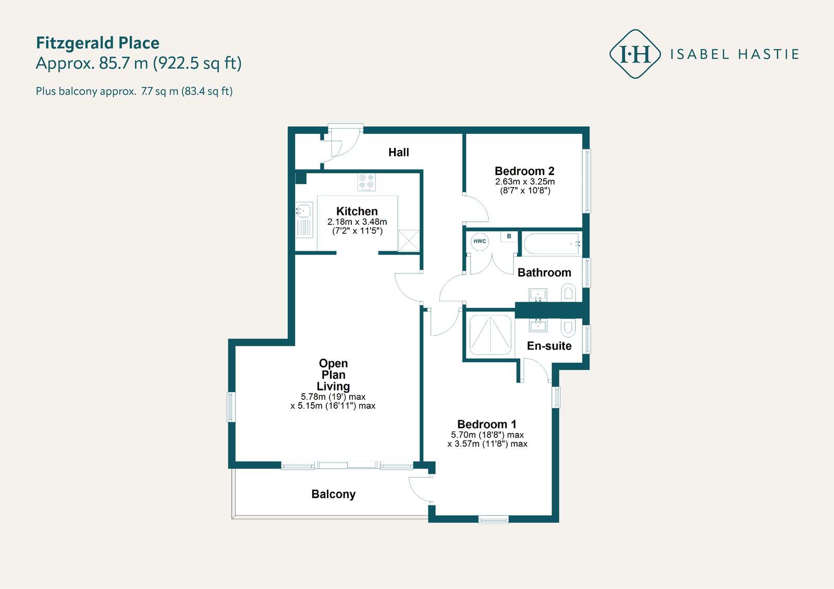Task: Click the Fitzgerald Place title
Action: (97, 43)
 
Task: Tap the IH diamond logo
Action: (635, 54)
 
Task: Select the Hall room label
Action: (398, 152)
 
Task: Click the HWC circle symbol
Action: (480, 241)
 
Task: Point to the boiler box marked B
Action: (509, 236)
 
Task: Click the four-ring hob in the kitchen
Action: (366, 182)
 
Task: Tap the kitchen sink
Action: (304, 220)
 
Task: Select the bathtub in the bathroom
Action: (552, 244)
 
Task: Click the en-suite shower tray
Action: (490, 335)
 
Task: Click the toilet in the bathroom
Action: (568, 293)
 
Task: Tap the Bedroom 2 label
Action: (524, 171)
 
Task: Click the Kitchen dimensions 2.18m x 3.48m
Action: (357, 222)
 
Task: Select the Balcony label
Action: (333, 494)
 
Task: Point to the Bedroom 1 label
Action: (487, 424)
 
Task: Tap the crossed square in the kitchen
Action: (409, 241)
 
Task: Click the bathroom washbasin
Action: (538, 295)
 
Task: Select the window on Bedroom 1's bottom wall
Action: (493, 519)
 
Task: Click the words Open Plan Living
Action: (333, 374)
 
